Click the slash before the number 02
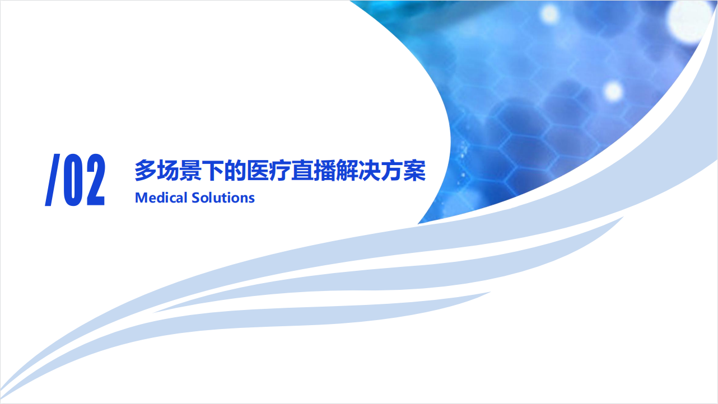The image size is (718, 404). click(x=53, y=180)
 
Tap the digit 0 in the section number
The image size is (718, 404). click(x=74, y=180)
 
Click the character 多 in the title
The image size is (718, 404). click(x=146, y=170)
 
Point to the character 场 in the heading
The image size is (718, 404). click(x=168, y=170)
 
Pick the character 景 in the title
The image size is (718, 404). click(x=190, y=170)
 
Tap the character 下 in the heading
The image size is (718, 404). click(x=213, y=170)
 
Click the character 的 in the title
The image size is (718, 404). click(x=235, y=170)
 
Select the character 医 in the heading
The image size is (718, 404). click(x=258, y=170)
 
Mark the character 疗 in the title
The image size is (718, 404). click(x=280, y=170)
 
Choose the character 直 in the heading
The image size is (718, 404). click(x=302, y=170)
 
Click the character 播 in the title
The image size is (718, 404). click(x=325, y=170)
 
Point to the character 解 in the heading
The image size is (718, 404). click(x=347, y=170)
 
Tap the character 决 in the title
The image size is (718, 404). click(x=370, y=170)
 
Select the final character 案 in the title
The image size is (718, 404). click(x=415, y=170)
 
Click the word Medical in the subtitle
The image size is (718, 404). click(x=161, y=198)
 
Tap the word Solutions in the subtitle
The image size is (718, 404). click(x=223, y=198)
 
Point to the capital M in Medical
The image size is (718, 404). click(x=141, y=198)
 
